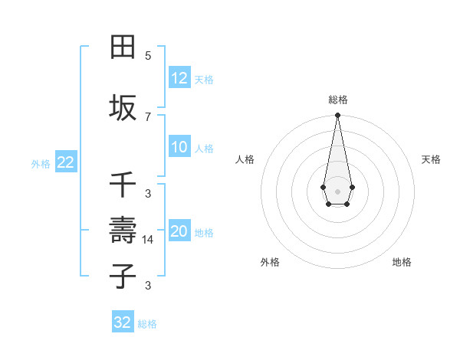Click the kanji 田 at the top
tap(123, 47)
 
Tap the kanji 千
tap(123, 186)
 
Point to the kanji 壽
tap(123, 230)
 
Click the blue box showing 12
tap(179, 78)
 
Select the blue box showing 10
tap(179, 147)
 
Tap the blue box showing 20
tap(179, 232)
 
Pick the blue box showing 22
tap(65, 162)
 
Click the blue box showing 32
tap(123, 322)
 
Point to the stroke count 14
tap(148, 239)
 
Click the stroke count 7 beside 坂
tap(148, 116)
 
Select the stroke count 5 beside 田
tap(148, 55)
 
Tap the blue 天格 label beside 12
tap(204, 80)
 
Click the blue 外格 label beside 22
tap(41, 163)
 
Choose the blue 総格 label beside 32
tap(147, 324)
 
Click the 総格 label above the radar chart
tap(337, 100)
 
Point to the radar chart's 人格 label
tap(245, 159)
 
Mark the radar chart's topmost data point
tap(337, 116)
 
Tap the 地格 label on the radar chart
tap(402, 262)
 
